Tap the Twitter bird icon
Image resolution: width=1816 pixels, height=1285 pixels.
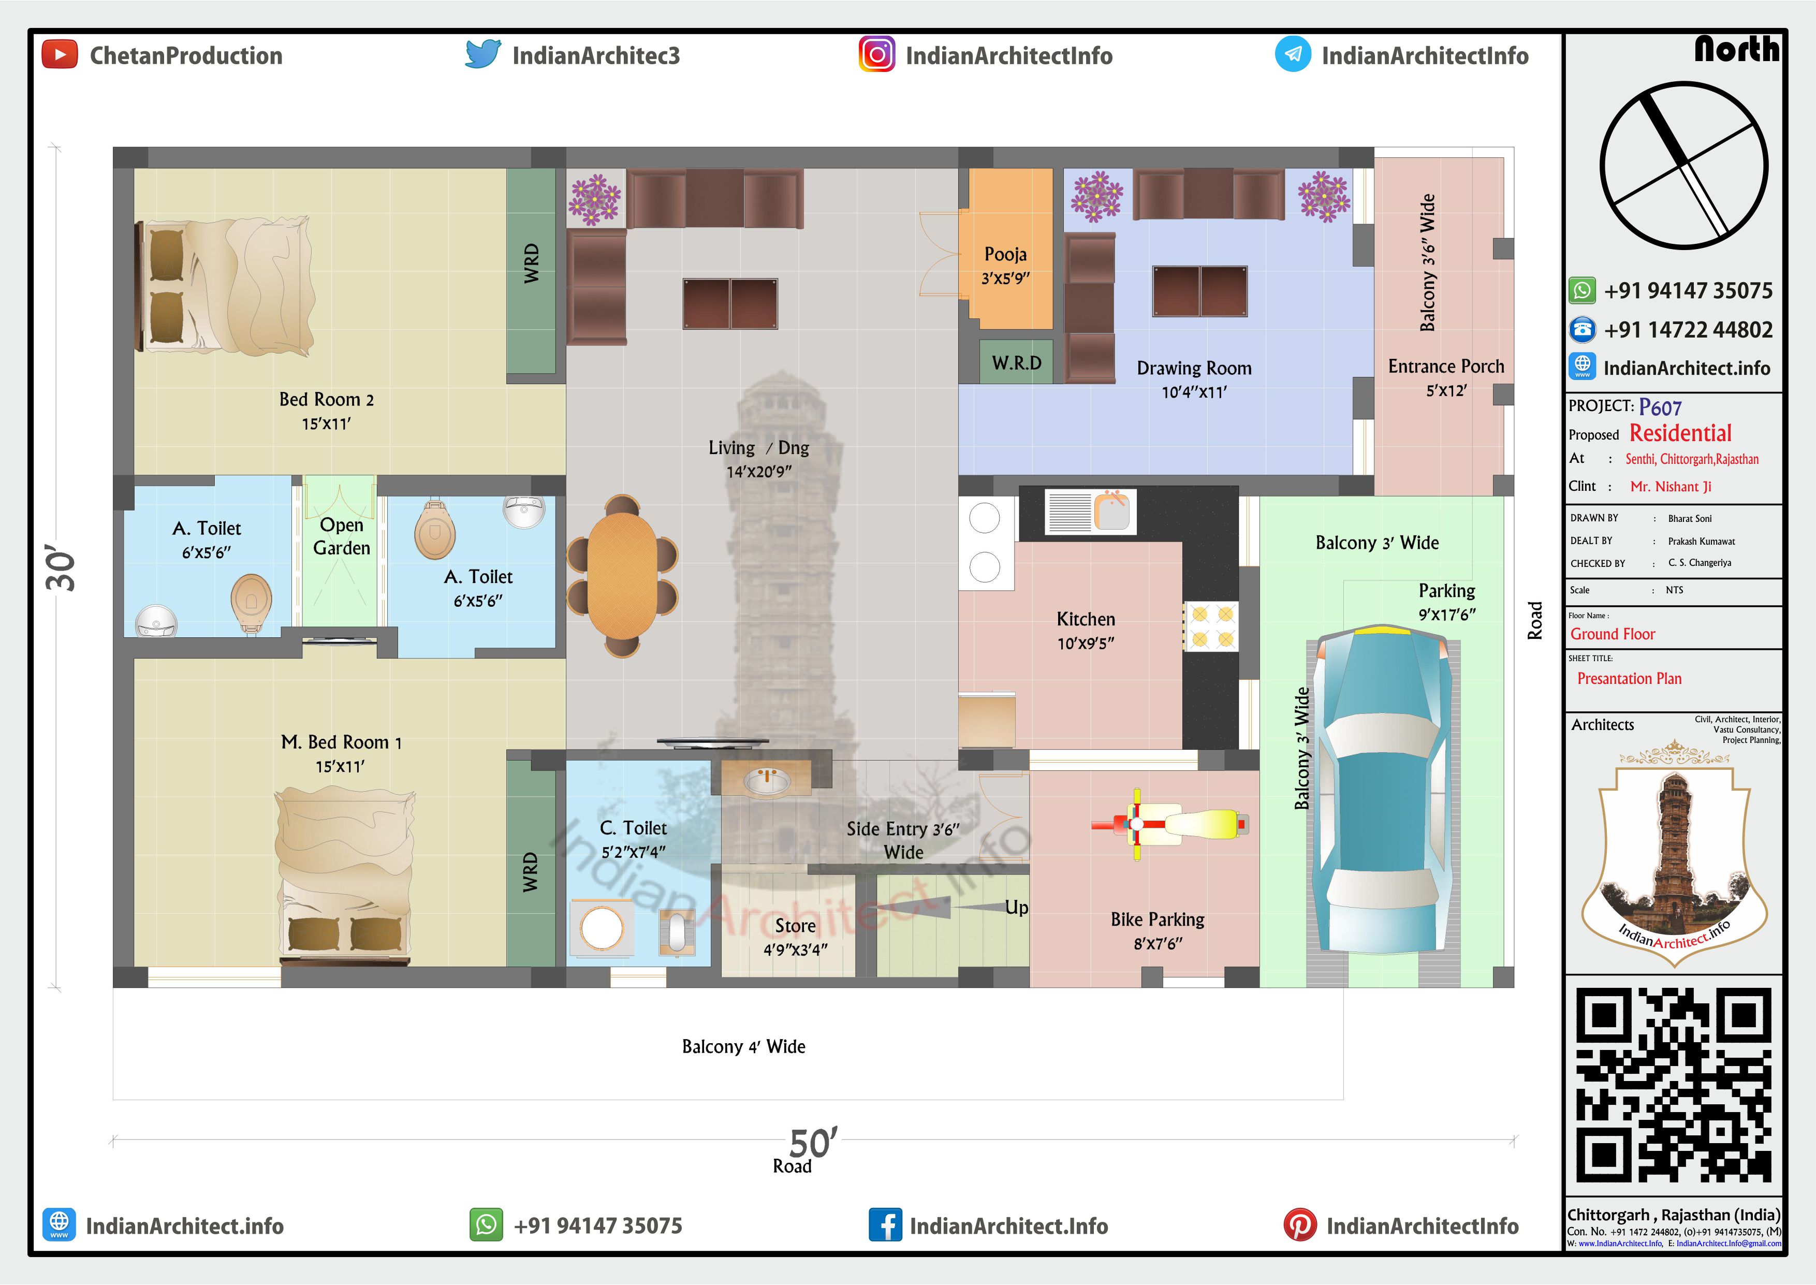tap(484, 54)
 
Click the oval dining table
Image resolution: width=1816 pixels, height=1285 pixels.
tap(622, 575)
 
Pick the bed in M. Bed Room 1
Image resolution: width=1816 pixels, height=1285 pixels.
tap(345, 873)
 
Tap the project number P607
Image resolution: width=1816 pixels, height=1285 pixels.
tap(1660, 407)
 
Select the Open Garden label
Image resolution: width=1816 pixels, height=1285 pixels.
tap(342, 536)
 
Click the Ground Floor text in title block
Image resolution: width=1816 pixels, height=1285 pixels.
tap(1612, 634)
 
